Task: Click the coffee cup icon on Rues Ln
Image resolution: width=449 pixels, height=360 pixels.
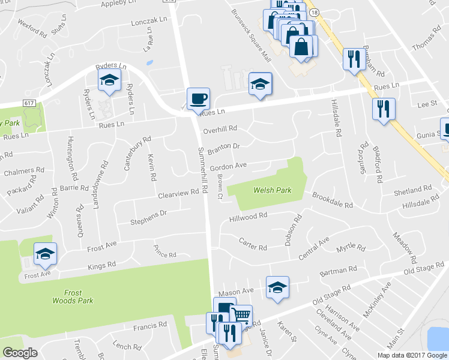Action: pyautogui.click(x=198, y=98)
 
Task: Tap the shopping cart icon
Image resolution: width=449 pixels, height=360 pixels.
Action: pyautogui.click(x=241, y=314)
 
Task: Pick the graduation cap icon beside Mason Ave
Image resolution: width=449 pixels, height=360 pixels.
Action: pyautogui.click(x=277, y=287)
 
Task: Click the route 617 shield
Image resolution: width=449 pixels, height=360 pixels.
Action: pyautogui.click(x=29, y=104)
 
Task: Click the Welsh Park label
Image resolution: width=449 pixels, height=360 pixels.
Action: pyautogui.click(x=272, y=190)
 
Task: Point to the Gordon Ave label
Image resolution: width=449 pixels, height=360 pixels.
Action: pyautogui.click(x=228, y=165)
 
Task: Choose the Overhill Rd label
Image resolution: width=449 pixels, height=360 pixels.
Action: pyautogui.click(x=220, y=128)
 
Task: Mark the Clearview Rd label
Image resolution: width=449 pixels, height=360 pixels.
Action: pyautogui.click(x=178, y=193)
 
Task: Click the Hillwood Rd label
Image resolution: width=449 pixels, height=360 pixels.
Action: pyautogui.click(x=247, y=217)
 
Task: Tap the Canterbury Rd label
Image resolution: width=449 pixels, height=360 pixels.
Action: pyautogui.click(x=137, y=153)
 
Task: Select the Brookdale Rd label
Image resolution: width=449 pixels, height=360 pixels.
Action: pyautogui.click(x=332, y=200)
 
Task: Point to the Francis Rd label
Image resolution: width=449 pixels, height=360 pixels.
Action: pyautogui.click(x=150, y=325)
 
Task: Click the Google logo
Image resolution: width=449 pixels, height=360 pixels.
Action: pyautogui.click(x=20, y=353)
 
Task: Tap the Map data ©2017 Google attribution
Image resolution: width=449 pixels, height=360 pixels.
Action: pyautogui.click(x=412, y=355)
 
